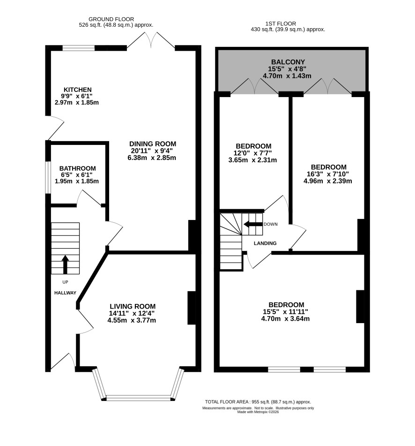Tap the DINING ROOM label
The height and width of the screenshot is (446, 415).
pyautogui.click(x=153, y=144)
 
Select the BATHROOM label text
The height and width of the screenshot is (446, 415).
pyautogui.click(x=78, y=168)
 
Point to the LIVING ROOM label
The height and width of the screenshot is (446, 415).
pyautogui.click(x=133, y=306)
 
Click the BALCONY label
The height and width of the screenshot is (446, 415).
pyautogui.click(x=288, y=62)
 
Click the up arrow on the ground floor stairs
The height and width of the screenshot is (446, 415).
pyautogui.click(x=65, y=265)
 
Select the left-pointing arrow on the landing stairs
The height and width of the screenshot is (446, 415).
pyautogui.click(x=253, y=224)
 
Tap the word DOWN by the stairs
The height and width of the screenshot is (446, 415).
pyautogui.click(x=270, y=224)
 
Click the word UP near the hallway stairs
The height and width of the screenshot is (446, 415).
pyautogui.click(x=65, y=282)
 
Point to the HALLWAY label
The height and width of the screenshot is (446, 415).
pyautogui.click(x=65, y=293)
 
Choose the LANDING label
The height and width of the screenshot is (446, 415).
pyautogui.click(x=265, y=243)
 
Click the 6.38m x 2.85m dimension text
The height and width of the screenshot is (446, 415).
pyautogui.click(x=152, y=158)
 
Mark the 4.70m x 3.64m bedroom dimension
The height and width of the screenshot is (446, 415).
pyautogui.click(x=285, y=318)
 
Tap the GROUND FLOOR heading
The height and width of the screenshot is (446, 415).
pyautogui.click(x=111, y=19)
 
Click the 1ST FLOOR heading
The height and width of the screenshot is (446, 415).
pyautogui.click(x=281, y=23)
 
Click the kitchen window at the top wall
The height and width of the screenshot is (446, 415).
pyautogui.click(x=78, y=48)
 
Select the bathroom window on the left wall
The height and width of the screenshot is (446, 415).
pyautogui.click(x=48, y=178)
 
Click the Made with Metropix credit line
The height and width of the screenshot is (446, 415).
pyautogui.click(x=258, y=412)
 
